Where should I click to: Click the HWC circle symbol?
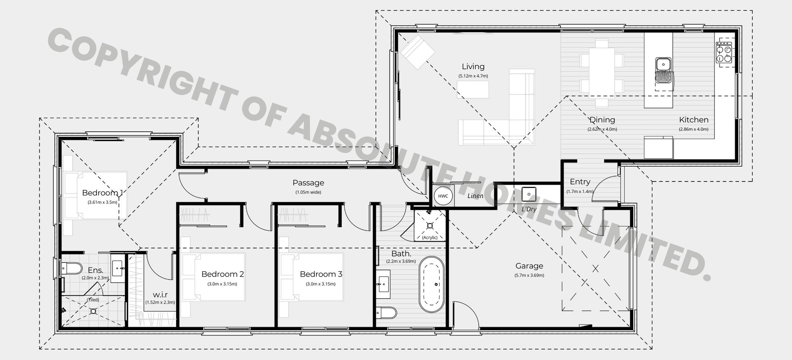click(x=443, y=196)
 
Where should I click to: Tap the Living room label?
click(x=473, y=66)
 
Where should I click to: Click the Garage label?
click(x=529, y=266)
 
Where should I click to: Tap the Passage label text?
click(x=308, y=183)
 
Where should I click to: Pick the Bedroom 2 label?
click(x=222, y=274)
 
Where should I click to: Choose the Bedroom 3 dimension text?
click(x=321, y=284)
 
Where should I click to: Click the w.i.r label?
click(x=160, y=295)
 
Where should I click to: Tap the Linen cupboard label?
click(x=475, y=196)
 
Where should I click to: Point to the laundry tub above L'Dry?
click(x=529, y=194)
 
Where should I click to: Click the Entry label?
click(x=580, y=182)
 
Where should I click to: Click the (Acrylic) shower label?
click(x=430, y=238)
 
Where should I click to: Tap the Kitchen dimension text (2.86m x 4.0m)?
click(x=693, y=129)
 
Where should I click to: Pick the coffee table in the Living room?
click(x=473, y=89)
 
